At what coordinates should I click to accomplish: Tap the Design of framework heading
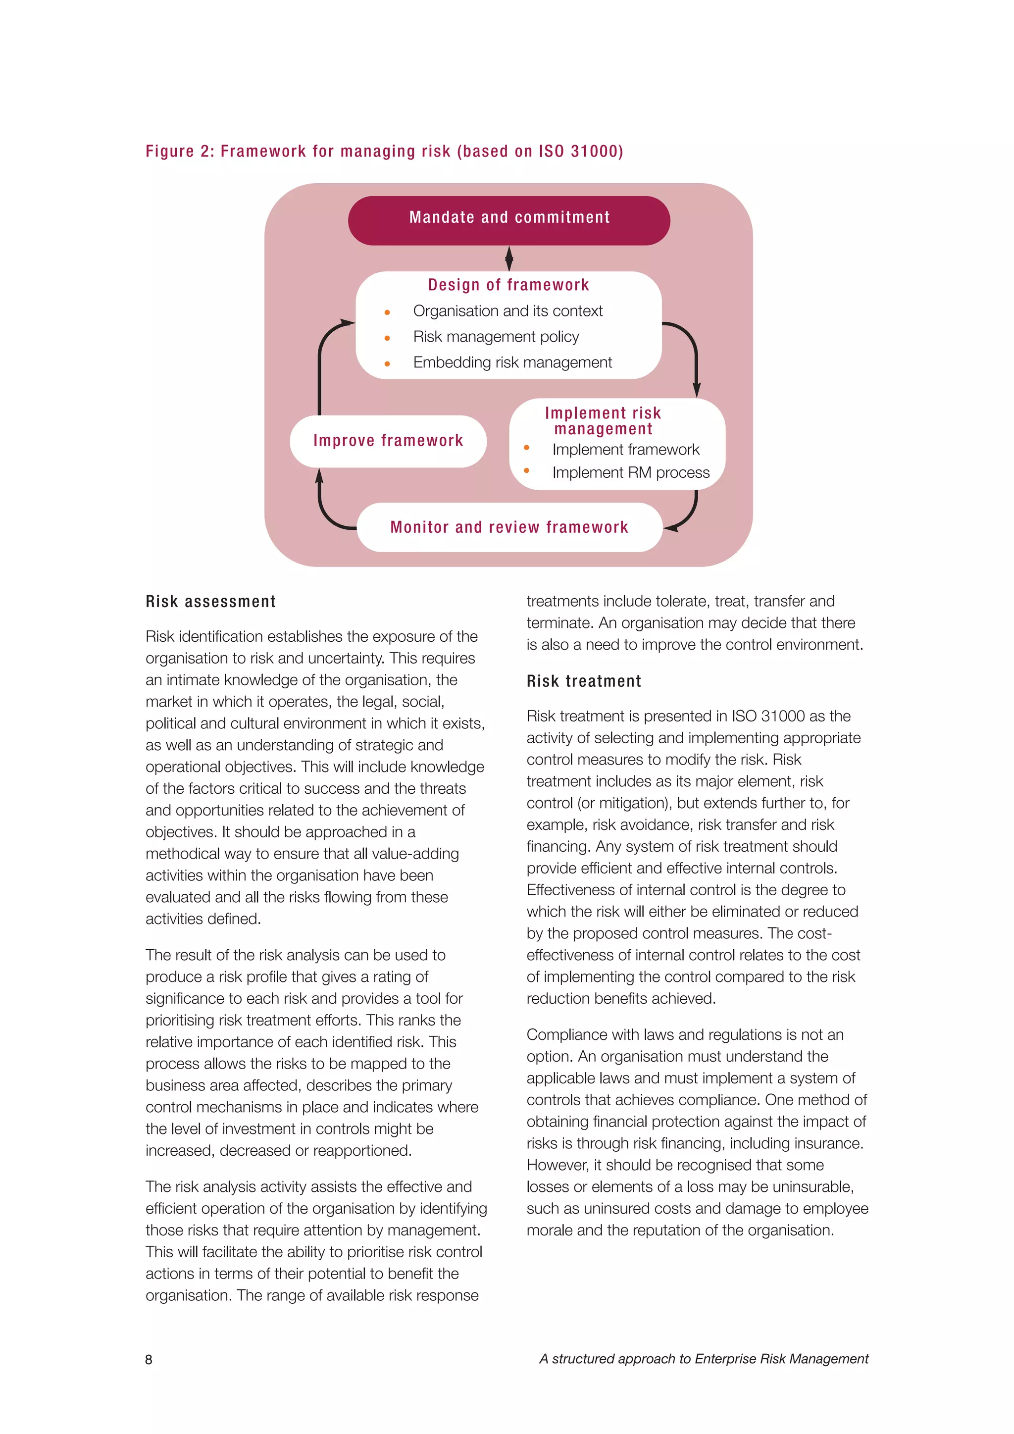pos(508,285)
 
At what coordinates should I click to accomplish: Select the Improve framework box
pos(388,441)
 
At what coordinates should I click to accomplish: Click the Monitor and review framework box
pos(509,527)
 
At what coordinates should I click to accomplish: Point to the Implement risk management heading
pos(603,420)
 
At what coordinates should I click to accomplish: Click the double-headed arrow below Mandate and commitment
pos(509,258)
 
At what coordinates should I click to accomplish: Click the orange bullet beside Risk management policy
pos(387,338)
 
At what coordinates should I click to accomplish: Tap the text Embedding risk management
pos(512,362)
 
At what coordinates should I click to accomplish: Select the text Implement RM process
pos(631,473)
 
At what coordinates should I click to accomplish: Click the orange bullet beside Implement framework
pos(526,448)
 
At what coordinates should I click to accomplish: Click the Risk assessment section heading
pos(210,602)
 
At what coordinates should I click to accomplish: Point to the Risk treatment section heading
pos(584,681)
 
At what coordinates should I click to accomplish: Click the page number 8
pos(149,1360)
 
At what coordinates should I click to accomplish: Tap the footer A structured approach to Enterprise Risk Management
pos(704,1359)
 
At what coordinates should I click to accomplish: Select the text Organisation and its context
pos(507,311)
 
